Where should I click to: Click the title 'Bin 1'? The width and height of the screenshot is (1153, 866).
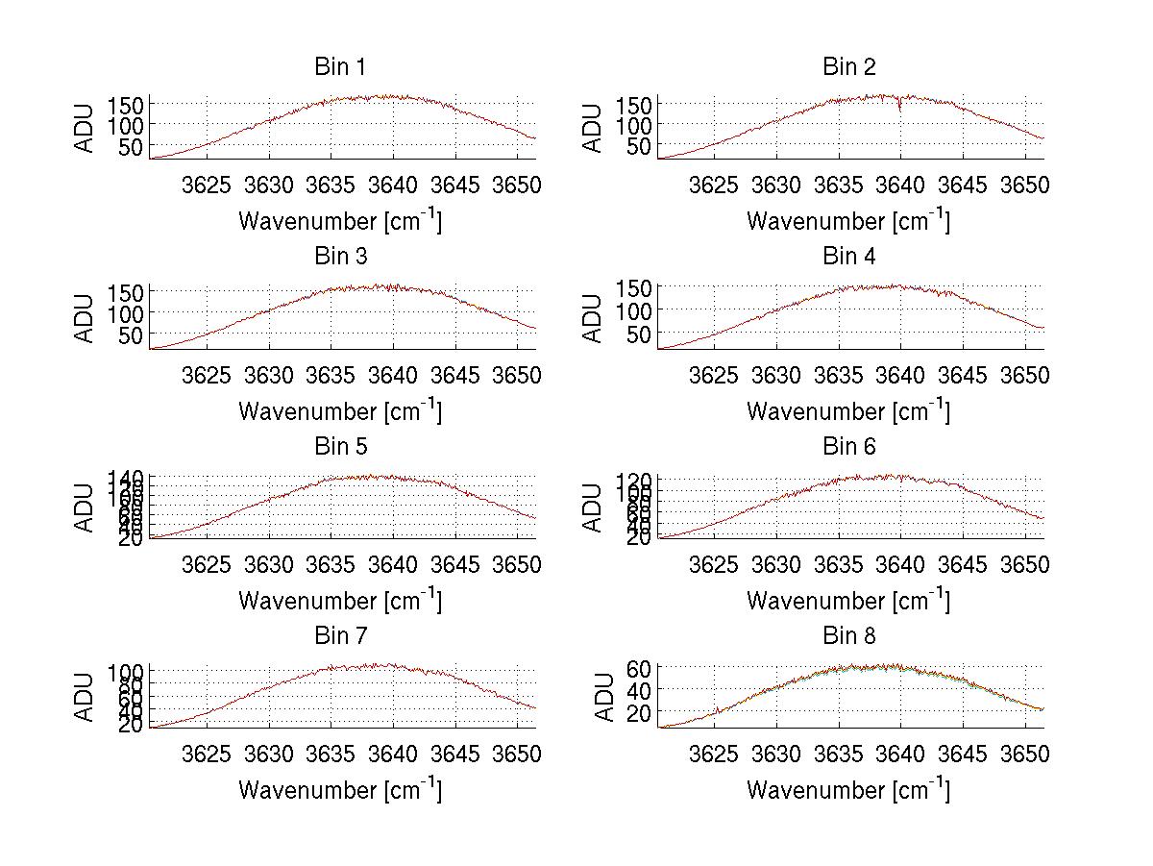[x=339, y=67]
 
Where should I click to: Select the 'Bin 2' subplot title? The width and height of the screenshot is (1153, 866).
[x=848, y=67]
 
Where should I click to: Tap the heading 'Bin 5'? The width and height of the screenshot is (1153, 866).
[x=339, y=447]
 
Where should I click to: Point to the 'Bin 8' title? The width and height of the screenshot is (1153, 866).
[x=848, y=636]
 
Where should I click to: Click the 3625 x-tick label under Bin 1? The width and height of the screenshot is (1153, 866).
[x=207, y=185]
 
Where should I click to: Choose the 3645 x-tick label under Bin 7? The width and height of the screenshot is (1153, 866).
[x=454, y=754]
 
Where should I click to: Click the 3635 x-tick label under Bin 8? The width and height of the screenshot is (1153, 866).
[x=838, y=754]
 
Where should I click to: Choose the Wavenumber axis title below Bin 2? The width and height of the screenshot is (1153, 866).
[x=848, y=221]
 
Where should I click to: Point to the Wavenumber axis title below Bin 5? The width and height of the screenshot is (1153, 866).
[x=339, y=601]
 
